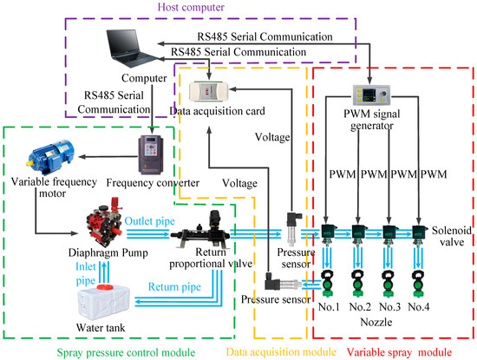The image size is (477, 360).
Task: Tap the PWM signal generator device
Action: click(370, 95)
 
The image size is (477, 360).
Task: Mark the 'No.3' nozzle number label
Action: click(391, 307)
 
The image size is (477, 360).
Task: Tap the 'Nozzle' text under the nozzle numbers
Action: click(376, 321)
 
